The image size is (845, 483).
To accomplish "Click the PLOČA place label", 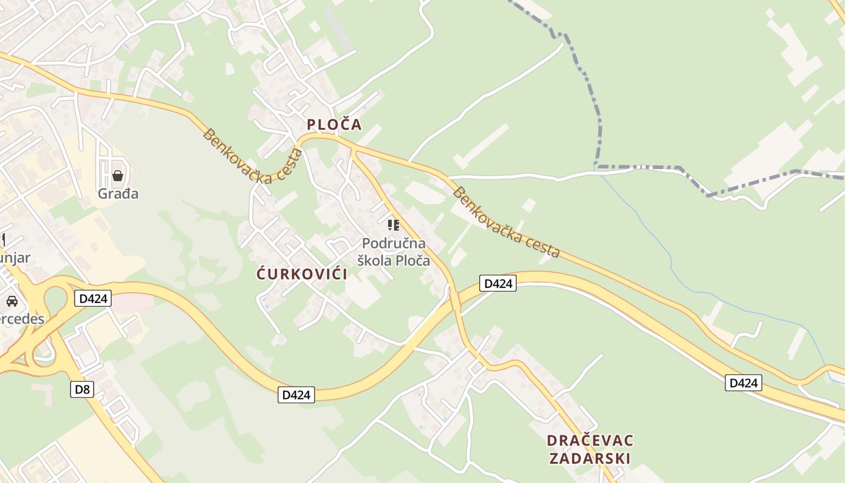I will [334, 124].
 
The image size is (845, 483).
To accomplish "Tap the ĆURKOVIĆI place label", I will [302, 274].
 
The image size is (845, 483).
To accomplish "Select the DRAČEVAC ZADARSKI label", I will [590, 449].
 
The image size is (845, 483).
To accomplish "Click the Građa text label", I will [118, 194].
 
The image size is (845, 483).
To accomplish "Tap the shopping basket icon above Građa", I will [118, 176].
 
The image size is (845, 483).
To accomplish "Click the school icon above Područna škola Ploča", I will [394, 226].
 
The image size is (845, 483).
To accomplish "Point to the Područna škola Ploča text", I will [394, 252].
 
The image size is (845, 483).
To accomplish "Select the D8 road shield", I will [82, 389].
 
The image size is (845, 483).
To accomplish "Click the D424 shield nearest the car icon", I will [93, 298].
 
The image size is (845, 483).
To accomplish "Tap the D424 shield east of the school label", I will [498, 283].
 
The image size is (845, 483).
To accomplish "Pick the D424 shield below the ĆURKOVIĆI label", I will [296, 395].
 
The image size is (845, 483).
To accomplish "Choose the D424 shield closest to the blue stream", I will [743, 383].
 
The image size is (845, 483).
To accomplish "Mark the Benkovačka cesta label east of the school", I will [506, 223].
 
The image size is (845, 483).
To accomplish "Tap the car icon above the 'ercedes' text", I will [11, 301].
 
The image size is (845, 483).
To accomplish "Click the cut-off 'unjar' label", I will [15, 258].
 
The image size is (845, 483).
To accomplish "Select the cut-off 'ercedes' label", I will [22, 319].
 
